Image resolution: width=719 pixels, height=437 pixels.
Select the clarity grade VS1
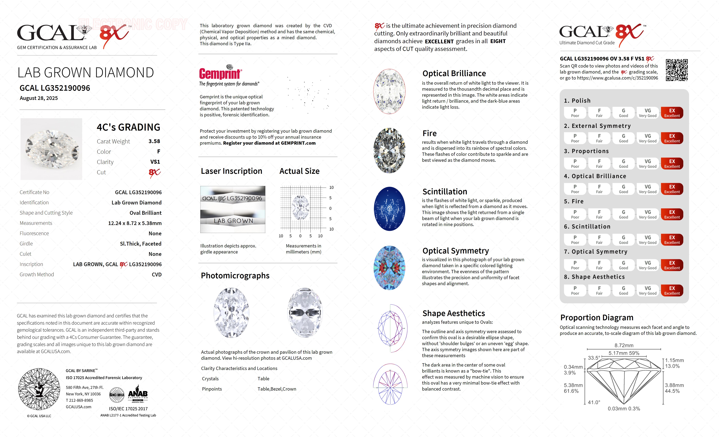coord(155,162)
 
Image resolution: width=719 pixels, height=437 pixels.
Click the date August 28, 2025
coord(39,98)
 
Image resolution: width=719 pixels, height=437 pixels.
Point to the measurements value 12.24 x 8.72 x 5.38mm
coord(135,223)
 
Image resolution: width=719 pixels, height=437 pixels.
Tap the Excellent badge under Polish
coord(672,113)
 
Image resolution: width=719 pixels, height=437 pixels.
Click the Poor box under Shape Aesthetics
coord(575,290)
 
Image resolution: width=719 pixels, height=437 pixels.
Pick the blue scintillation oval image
coord(390,209)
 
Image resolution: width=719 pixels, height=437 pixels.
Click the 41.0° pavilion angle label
coord(594,402)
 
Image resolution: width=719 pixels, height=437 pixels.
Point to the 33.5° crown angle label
coord(594,358)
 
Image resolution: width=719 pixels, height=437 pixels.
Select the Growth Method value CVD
coord(156,275)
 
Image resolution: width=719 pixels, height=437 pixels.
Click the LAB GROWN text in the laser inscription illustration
coord(233,221)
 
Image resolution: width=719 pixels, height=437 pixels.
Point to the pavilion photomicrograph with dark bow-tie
coord(305,313)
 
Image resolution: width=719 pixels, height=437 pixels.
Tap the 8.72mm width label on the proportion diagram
coord(624,345)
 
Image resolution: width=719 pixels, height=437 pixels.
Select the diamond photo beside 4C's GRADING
coord(51,149)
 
